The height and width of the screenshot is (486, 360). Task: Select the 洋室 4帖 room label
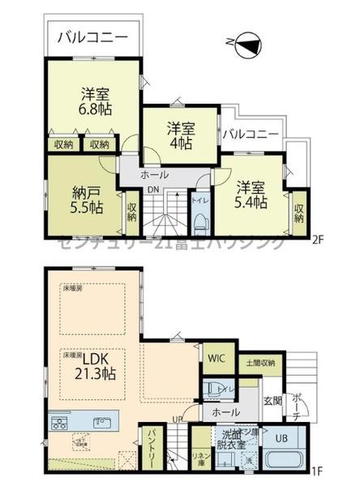pyautogui.click(x=181, y=134)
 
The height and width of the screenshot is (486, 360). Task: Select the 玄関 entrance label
pyautogui.click(x=272, y=399)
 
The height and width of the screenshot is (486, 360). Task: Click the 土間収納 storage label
pyautogui.click(x=259, y=362)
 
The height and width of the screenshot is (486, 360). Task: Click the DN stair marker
pyautogui.click(x=153, y=190)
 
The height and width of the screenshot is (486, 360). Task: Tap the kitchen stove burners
pyautogui.click(x=60, y=422)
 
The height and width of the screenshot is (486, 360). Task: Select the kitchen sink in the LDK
pyautogui.click(x=101, y=422)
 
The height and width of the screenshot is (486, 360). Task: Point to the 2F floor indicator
pyautogui.click(x=319, y=241)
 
